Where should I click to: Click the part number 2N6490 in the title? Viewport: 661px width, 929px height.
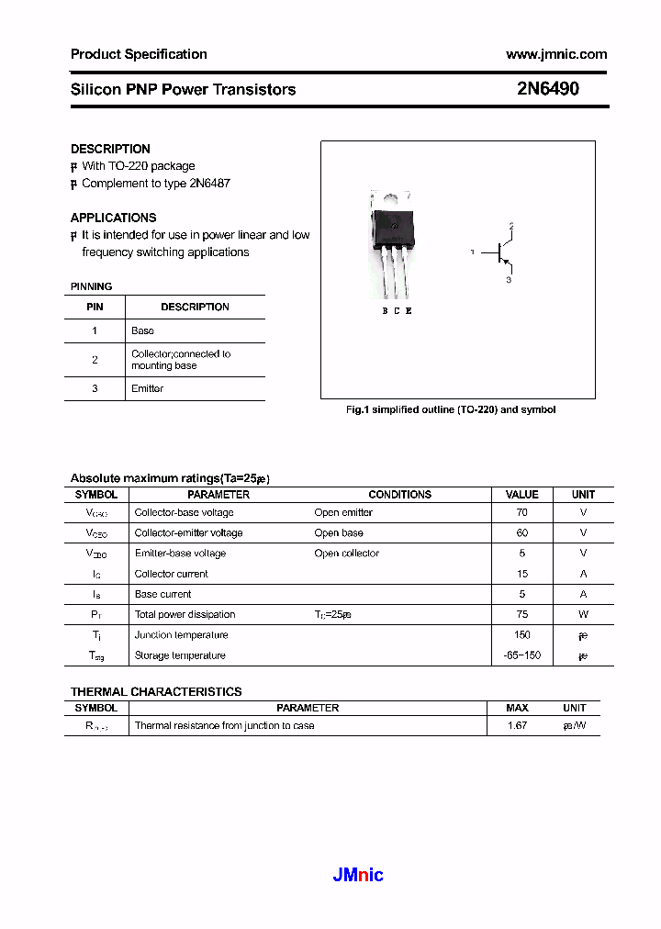click(x=547, y=90)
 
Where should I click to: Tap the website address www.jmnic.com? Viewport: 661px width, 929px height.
click(x=556, y=54)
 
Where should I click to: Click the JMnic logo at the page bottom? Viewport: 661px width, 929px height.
click(x=357, y=875)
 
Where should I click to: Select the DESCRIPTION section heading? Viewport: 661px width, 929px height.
click(x=110, y=149)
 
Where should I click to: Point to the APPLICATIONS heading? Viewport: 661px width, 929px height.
click(x=113, y=218)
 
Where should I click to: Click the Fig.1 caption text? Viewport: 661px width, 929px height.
click(x=450, y=409)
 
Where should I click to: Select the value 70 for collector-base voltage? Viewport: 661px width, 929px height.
click(x=522, y=512)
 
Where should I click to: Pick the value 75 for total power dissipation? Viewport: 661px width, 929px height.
click(x=522, y=614)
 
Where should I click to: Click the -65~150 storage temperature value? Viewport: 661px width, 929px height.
click(x=522, y=655)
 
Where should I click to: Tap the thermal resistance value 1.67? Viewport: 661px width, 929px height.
click(x=517, y=725)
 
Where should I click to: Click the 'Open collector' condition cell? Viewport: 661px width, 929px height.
click(x=346, y=554)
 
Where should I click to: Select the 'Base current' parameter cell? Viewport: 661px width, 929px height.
click(x=163, y=594)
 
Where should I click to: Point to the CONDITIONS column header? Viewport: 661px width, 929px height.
click(x=399, y=494)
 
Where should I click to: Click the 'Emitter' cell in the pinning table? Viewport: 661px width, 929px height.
click(x=147, y=388)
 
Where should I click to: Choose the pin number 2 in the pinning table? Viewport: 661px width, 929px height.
click(x=95, y=360)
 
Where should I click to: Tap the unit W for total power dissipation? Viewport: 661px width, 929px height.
click(x=583, y=614)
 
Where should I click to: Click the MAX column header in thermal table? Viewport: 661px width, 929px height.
click(x=517, y=708)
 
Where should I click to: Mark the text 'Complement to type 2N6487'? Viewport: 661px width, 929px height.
click(x=155, y=183)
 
